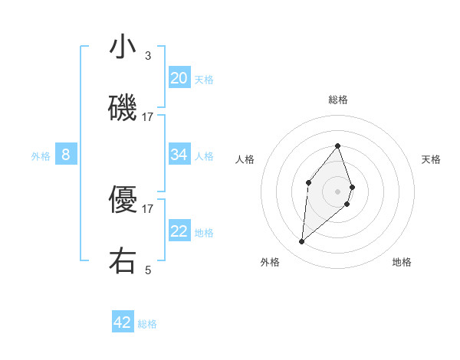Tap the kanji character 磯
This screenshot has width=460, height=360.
pos(123,107)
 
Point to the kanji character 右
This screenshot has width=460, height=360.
pos(123,260)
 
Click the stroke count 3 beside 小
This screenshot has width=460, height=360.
pos(148,56)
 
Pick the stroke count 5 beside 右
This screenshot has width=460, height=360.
pos(148,270)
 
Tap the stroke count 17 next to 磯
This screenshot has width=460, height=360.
pos(148,116)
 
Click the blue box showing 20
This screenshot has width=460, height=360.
pos(179,77)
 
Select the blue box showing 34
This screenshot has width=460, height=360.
pos(179,155)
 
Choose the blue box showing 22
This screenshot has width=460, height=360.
pos(179,231)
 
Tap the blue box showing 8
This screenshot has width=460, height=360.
pos(66,155)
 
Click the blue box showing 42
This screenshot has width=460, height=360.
pos(123,322)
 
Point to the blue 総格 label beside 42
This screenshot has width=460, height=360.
pos(147,324)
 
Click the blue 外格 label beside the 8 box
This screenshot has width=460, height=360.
pos(41,156)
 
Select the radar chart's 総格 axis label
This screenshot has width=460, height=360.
pos(338,100)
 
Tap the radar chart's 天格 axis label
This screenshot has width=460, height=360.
pos(431,159)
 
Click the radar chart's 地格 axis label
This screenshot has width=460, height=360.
pos(402,262)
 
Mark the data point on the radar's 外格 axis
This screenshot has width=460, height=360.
pos(301,242)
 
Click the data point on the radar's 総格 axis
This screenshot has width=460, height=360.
pos(337,146)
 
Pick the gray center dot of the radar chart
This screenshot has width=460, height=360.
pos(337,191)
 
